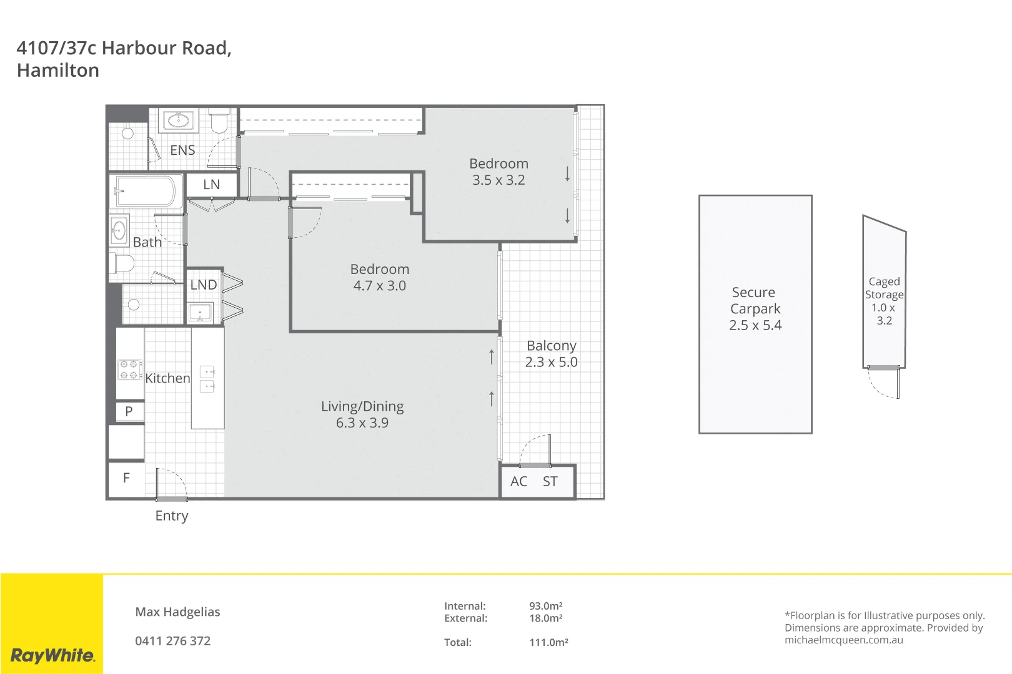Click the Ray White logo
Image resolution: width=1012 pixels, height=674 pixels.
[53, 655]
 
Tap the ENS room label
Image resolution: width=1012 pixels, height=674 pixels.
[182, 150]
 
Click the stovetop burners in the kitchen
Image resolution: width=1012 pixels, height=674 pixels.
[130, 369]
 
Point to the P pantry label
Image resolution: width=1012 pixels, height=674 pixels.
[129, 411]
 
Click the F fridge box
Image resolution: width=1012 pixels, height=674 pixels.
[127, 479]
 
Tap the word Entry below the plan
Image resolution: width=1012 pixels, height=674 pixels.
[172, 516]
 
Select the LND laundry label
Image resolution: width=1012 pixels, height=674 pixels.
[204, 285]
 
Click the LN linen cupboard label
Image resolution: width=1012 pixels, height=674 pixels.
[211, 185]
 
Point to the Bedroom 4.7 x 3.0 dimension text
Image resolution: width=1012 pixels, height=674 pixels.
[379, 286]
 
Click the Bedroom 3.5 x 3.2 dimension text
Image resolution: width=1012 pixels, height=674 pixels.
[499, 180]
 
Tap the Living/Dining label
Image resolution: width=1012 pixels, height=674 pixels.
[362, 407]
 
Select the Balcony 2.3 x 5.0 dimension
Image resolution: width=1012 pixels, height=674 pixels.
[551, 362]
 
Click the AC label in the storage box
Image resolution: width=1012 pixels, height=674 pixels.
[518, 482]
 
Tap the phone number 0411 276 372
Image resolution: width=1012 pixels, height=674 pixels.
[173, 641]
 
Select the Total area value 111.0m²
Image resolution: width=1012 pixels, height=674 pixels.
[548, 642]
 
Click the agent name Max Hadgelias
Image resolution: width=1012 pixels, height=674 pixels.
[177, 612]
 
